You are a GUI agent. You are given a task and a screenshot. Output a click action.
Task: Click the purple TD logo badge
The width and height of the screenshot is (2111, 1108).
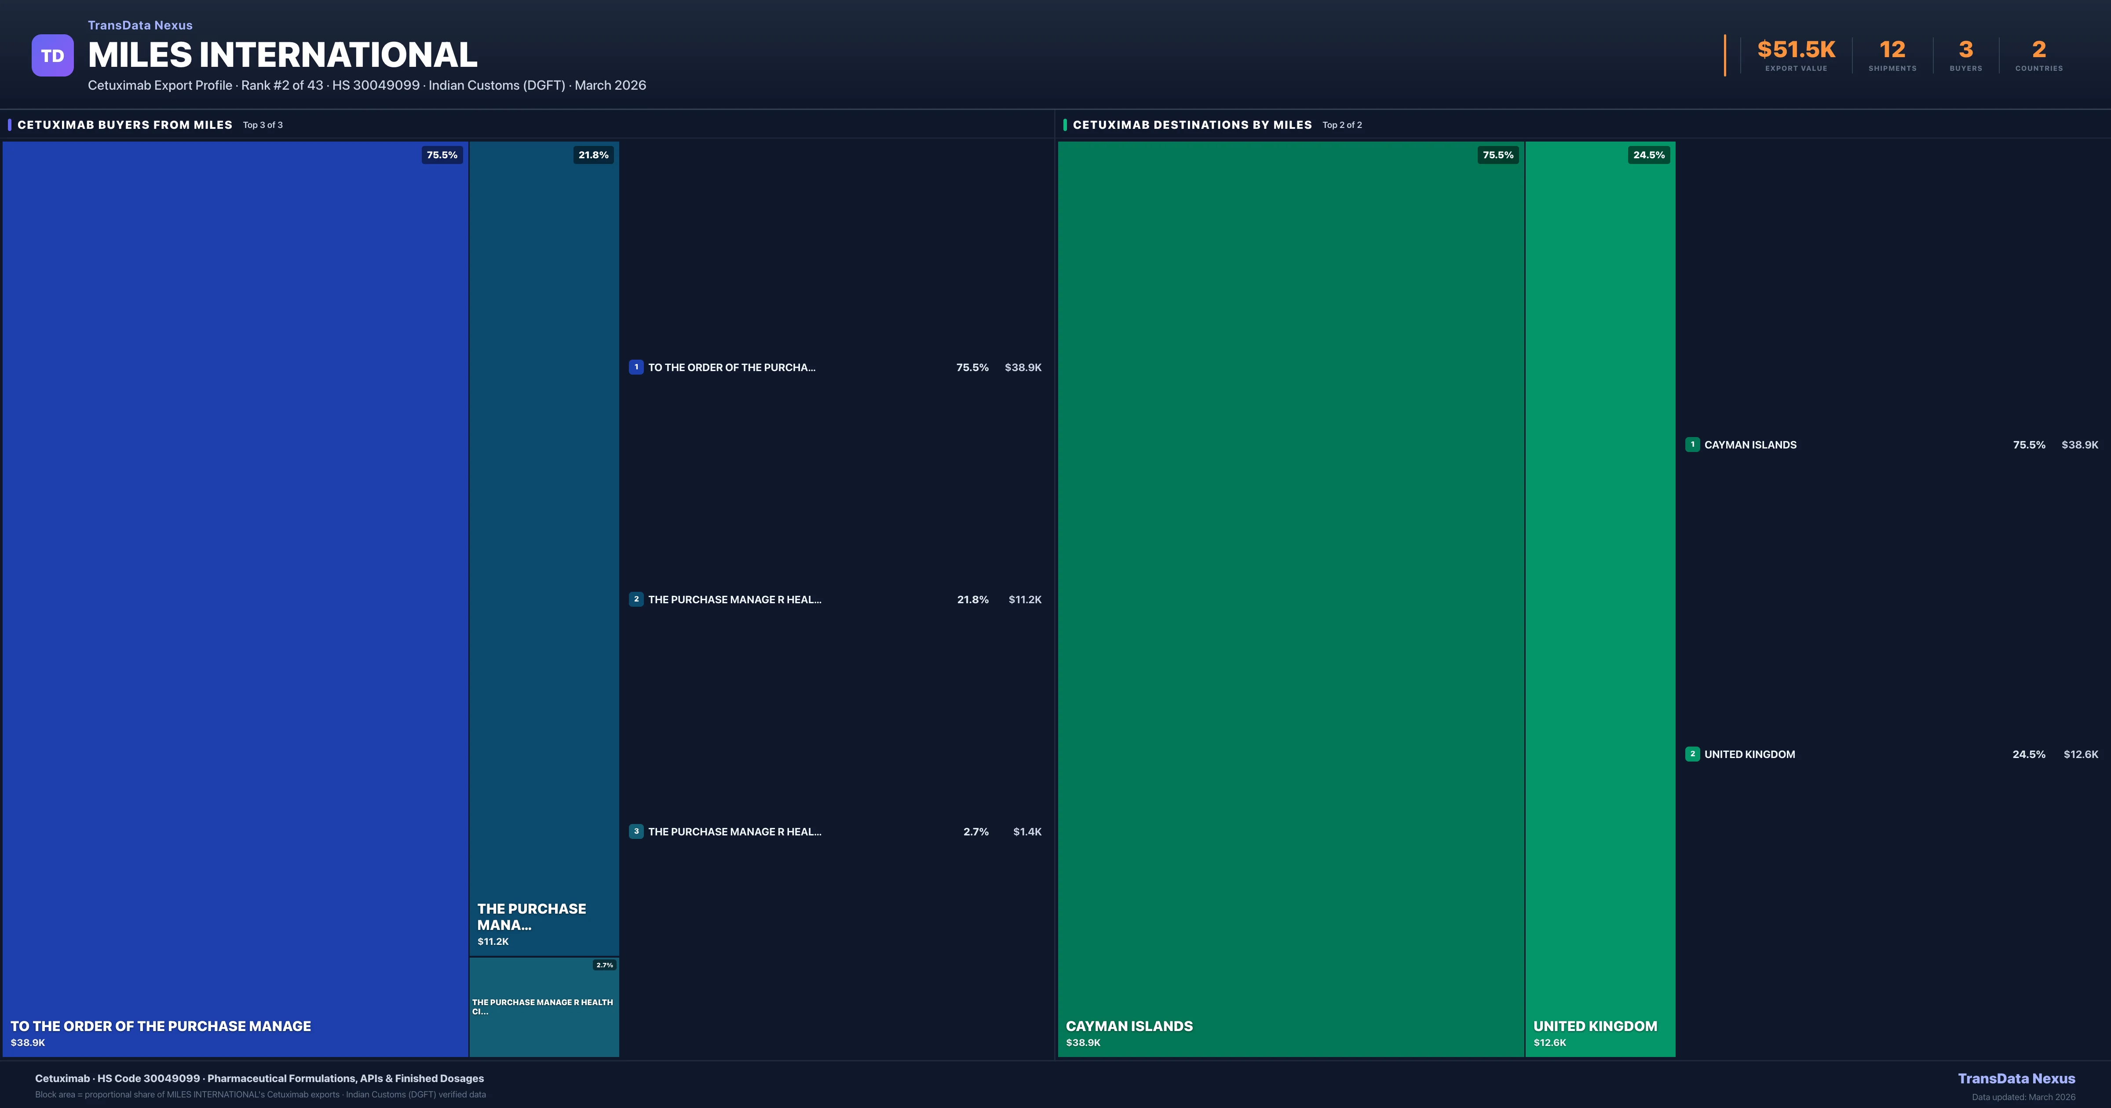tap(52, 56)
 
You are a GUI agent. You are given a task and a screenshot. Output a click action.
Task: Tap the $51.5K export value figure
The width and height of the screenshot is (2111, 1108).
tap(1796, 50)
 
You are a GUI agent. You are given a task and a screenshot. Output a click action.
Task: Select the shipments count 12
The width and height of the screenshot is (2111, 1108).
tap(1892, 50)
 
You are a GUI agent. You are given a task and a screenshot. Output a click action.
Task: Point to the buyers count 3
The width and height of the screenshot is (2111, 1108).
tap(1965, 50)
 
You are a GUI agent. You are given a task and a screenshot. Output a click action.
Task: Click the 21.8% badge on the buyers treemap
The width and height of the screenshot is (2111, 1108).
tap(593, 155)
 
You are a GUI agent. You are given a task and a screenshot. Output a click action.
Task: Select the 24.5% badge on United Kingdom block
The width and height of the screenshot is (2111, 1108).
tap(1649, 155)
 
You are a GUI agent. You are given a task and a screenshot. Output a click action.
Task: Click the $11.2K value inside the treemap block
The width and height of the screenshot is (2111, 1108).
tap(493, 942)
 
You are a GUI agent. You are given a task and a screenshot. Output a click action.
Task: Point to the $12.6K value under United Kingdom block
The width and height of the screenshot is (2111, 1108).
tap(1550, 1042)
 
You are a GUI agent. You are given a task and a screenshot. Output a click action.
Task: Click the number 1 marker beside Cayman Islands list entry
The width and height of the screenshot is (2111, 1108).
tap(1692, 444)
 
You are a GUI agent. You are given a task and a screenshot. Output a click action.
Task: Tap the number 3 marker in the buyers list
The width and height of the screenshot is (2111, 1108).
tap(636, 831)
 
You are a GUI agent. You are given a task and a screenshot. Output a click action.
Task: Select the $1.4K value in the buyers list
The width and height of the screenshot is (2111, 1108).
tap(1027, 832)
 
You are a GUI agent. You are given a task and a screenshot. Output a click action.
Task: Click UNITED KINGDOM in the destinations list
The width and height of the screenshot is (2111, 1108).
tap(1749, 754)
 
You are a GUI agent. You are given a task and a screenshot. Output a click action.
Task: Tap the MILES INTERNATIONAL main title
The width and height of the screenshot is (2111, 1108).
tap(282, 55)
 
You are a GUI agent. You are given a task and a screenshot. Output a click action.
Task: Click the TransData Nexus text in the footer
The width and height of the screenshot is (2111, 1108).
tap(2016, 1079)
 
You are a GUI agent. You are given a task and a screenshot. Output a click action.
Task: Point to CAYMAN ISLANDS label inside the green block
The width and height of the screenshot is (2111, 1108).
tap(1129, 1026)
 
